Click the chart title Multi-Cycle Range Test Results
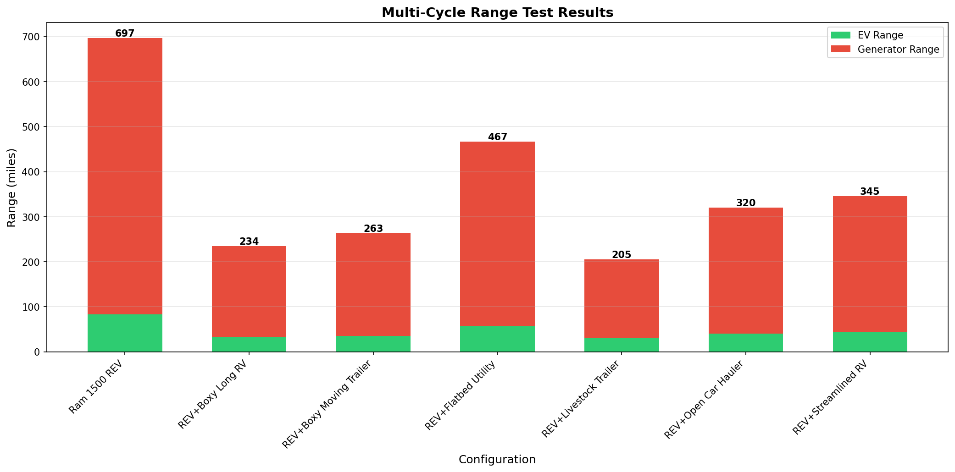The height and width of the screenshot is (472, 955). click(x=497, y=13)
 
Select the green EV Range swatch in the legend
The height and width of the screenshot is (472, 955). click(x=841, y=35)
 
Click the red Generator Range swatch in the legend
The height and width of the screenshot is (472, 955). click(x=841, y=49)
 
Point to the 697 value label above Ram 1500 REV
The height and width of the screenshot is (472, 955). click(x=125, y=33)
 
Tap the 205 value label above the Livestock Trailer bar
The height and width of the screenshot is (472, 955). click(x=622, y=255)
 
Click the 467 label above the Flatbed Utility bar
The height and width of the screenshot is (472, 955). click(x=498, y=137)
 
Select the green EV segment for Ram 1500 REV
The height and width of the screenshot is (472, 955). click(x=125, y=333)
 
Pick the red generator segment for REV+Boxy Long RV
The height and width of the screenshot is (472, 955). click(x=249, y=291)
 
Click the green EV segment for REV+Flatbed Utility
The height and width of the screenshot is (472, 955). click(x=498, y=339)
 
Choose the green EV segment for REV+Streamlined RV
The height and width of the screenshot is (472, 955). click(x=870, y=342)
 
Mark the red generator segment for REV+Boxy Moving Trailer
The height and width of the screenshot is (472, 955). click(x=373, y=285)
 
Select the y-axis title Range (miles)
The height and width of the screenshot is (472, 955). click(x=11, y=187)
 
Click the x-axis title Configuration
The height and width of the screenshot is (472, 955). click(x=497, y=460)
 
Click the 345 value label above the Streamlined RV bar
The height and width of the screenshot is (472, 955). click(x=870, y=192)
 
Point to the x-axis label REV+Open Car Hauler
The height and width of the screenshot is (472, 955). click(x=705, y=399)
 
